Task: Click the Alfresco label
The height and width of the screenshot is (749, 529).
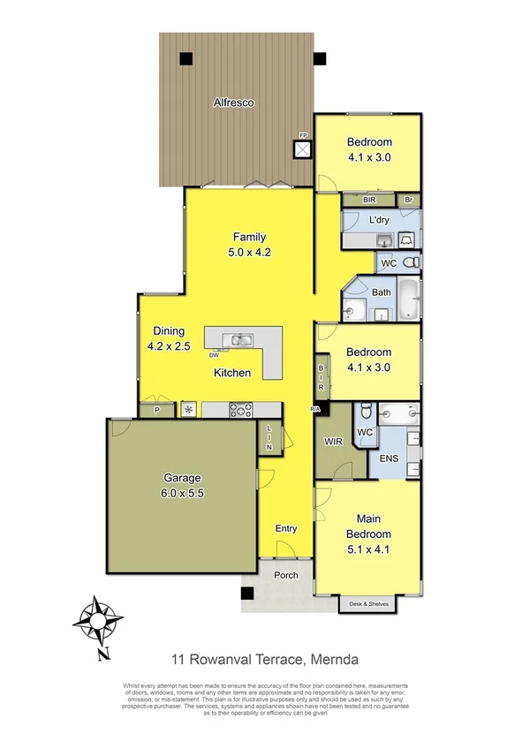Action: [x=234, y=103]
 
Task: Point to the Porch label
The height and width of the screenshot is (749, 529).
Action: [x=285, y=576]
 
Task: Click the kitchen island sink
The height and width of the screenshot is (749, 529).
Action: [x=238, y=339]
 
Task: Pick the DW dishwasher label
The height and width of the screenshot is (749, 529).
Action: [x=215, y=355]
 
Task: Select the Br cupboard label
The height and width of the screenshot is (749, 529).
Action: [x=408, y=200]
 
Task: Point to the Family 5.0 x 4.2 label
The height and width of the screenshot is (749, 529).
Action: [x=249, y=244]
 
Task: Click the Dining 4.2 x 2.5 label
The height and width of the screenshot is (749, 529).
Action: [x=169, y=339]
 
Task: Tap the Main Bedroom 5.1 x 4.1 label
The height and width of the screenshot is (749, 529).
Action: [x=374, y=533]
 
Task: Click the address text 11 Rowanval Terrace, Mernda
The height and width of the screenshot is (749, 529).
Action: [x=264, y=658]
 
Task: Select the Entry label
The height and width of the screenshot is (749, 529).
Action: [x=285, y=528]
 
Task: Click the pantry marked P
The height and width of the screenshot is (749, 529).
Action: [x=156, y=410]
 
